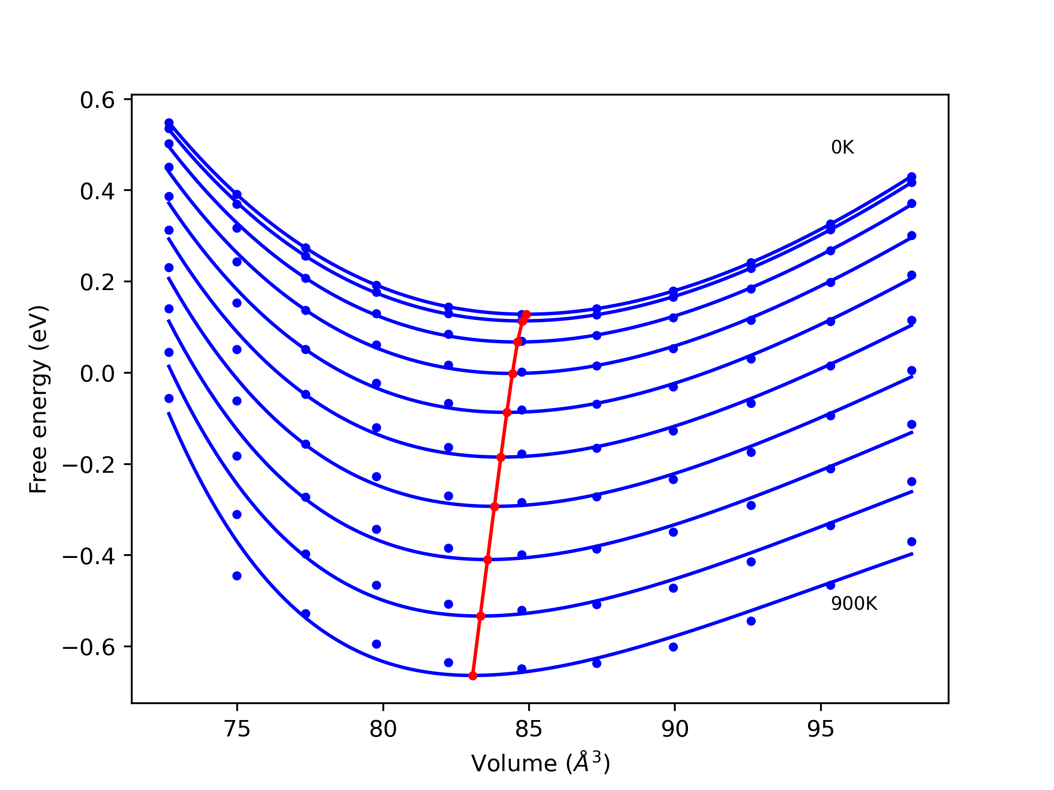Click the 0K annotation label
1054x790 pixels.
[842, 148]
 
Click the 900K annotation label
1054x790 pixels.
[854, 604]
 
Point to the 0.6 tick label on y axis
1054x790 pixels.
[97, 100]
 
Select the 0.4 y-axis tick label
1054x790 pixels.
[97, 191]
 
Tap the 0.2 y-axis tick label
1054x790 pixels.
[97, 282]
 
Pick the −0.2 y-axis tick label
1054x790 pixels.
[89, 465]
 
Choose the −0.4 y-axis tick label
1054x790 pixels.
[89, 556]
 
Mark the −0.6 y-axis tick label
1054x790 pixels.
[89, 648]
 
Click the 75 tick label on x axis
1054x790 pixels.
[237, 729]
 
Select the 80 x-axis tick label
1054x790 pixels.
[383, 729]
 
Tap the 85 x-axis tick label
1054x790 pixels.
[529, 729]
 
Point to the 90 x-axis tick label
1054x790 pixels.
[675, 729]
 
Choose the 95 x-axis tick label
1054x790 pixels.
[821, 729]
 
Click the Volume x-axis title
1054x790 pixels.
[540, 763]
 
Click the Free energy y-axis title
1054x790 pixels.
[38, 399]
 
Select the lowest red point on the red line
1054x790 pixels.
[473, 676]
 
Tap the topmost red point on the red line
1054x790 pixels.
[526, 315]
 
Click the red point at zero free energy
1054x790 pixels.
[513, 374]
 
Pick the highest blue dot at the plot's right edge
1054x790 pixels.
[912, 177]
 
